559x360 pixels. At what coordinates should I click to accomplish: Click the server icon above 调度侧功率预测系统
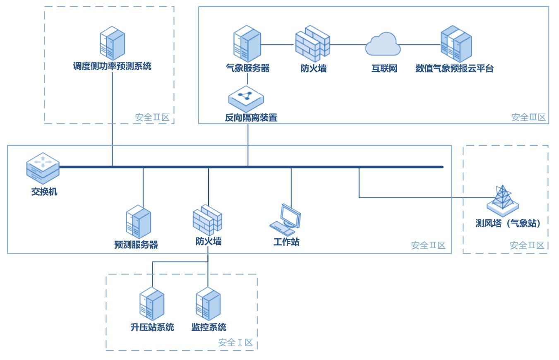[112, 43]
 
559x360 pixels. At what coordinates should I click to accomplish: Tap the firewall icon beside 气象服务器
[312, 43]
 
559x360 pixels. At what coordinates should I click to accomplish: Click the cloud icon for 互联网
[383, 44]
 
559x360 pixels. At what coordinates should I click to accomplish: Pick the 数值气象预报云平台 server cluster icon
[456, 43]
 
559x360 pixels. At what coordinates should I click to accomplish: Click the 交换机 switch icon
[43, 168]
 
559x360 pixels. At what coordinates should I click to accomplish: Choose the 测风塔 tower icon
[503, 200]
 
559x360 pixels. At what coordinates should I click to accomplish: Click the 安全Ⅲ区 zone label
[528, 118]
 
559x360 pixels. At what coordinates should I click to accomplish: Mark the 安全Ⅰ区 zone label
[235, 343]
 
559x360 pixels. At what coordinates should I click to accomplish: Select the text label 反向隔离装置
[251, 118]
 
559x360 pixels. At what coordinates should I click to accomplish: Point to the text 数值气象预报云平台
[454, 69]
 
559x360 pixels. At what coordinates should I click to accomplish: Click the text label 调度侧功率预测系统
[113, 66]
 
